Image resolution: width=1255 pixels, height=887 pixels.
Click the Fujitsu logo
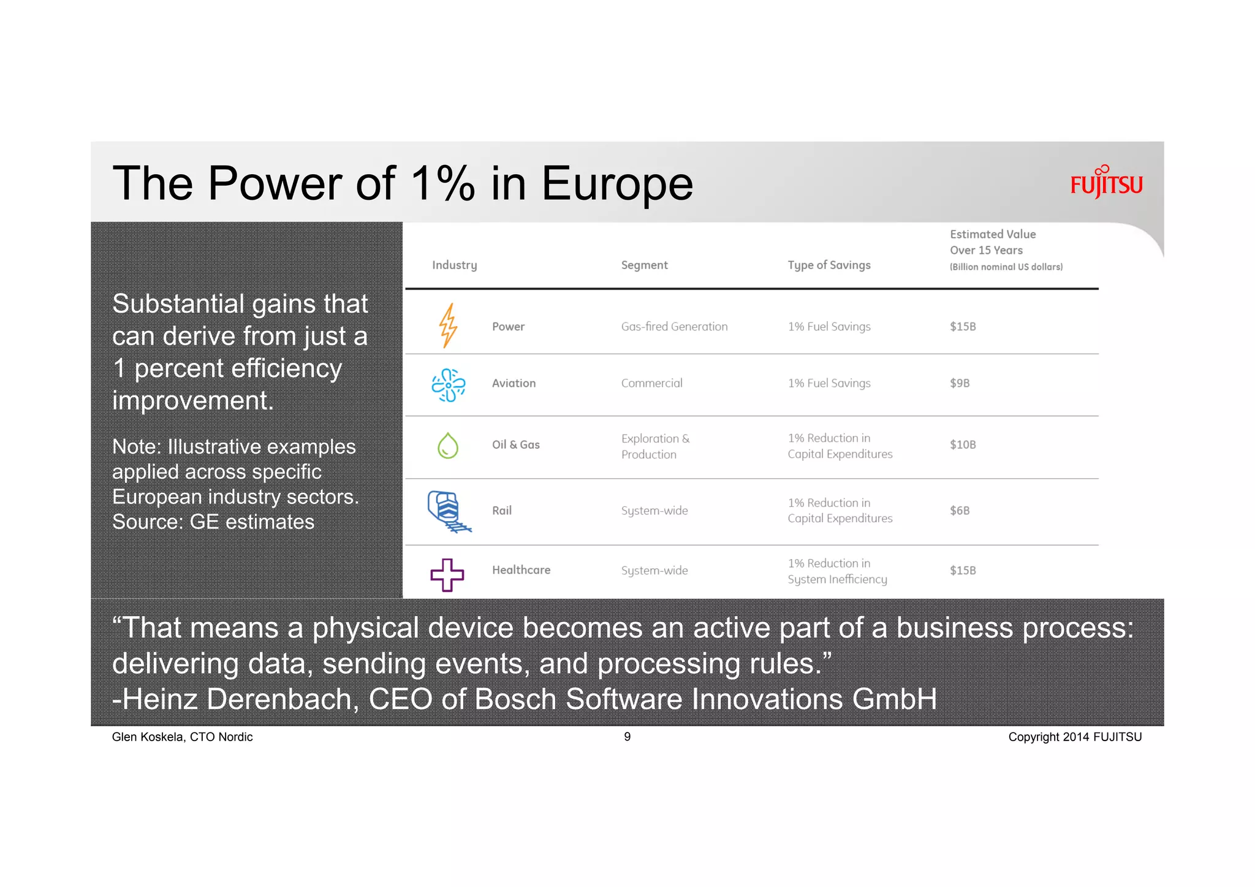pyautogui.click(x=1106, y=183)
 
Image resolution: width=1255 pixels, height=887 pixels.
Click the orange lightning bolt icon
pyautogui.click(x=449, y=325)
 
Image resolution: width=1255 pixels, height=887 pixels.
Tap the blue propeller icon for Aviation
pyautogui.click(x=449, y=385)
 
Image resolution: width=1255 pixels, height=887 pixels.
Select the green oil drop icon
pyautogui.click(x=448, y=446)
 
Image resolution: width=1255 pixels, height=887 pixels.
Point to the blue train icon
pyautogui.click(x=448, y=511)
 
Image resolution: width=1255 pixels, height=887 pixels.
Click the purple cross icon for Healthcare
pyautogui.click(x=447, y=574)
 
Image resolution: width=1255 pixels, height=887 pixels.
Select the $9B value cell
pyautogui.click(x=960, y=383)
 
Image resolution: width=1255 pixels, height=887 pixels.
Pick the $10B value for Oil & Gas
pyautogui.click(x=963, y=444)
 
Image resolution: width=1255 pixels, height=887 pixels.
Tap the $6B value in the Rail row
pyautogui.click(x=960, y=511)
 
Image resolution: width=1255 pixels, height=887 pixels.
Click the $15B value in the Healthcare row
pyautogui.click(x=963, y=570)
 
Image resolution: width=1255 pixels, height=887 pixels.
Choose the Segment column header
pyautogui.click(x=644, y=265)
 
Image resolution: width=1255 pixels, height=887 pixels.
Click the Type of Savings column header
pyautogui.click(x=828, y=265)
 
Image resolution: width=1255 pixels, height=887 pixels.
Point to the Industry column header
pyautogui.click(x=454, y=265)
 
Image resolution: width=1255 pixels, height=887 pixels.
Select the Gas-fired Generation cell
pyautogui.click(x=674, y=327)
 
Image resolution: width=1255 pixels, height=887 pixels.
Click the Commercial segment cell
pyautogui.click(x=651, y=383)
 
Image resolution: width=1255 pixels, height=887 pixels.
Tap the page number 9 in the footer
pyautogui.click(x=627, y=737)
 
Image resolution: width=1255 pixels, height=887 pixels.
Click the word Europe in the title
pyautogui.click(x=616, y=183)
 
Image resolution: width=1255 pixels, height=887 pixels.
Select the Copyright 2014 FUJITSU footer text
pyautogui.click(x=1075, y=737)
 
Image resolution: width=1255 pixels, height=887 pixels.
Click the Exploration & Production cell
pyautogui.click(x=655, y=446)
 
